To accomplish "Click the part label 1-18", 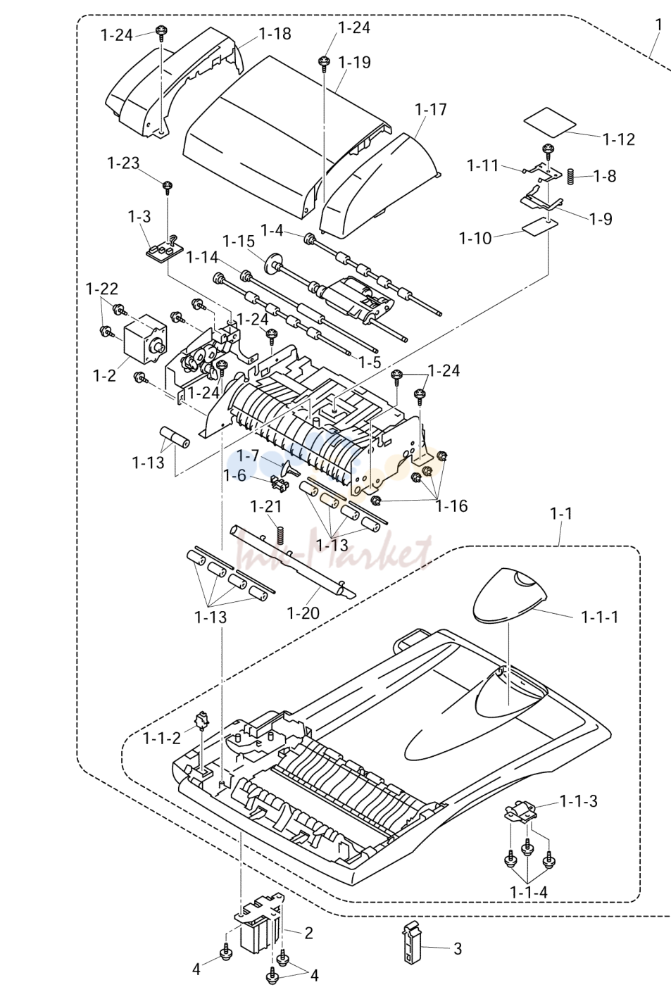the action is point(275,34).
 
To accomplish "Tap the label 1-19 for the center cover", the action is point(354,62).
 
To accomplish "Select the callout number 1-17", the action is point(430,109).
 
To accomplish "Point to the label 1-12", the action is point(619,139).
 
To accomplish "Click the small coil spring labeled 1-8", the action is point(570,176).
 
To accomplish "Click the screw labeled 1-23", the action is point(168,187).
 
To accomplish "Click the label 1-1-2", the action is point(162,739).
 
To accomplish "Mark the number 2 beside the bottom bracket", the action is point(308,933).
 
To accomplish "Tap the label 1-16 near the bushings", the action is point(452,505).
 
